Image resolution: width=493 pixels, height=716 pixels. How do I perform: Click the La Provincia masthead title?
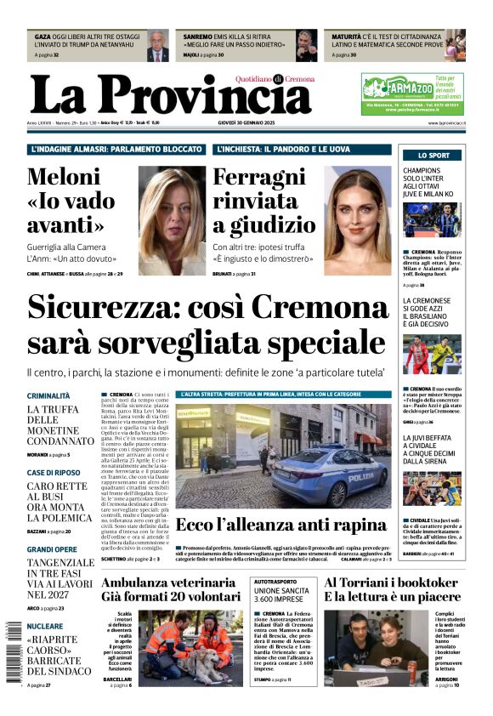point(170,94)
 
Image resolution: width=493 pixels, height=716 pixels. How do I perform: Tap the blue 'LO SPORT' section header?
point(433,156)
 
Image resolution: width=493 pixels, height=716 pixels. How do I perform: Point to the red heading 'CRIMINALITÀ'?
point(48,396)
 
